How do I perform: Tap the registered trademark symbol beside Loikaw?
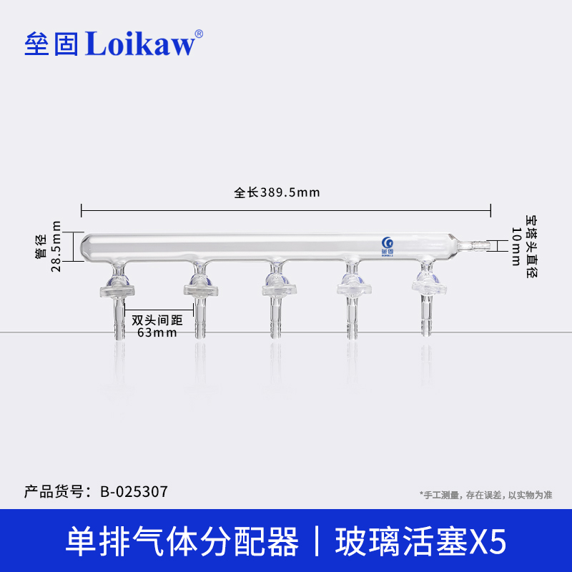(x=199, y=33)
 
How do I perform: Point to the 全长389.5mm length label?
(x=276, y=192)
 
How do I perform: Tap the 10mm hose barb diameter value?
(x=516, y=245)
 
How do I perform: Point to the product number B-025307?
(x=134, y=492)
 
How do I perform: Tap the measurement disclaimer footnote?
(x=485, y=494)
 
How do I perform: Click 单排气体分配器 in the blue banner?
(x=182, y=541)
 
